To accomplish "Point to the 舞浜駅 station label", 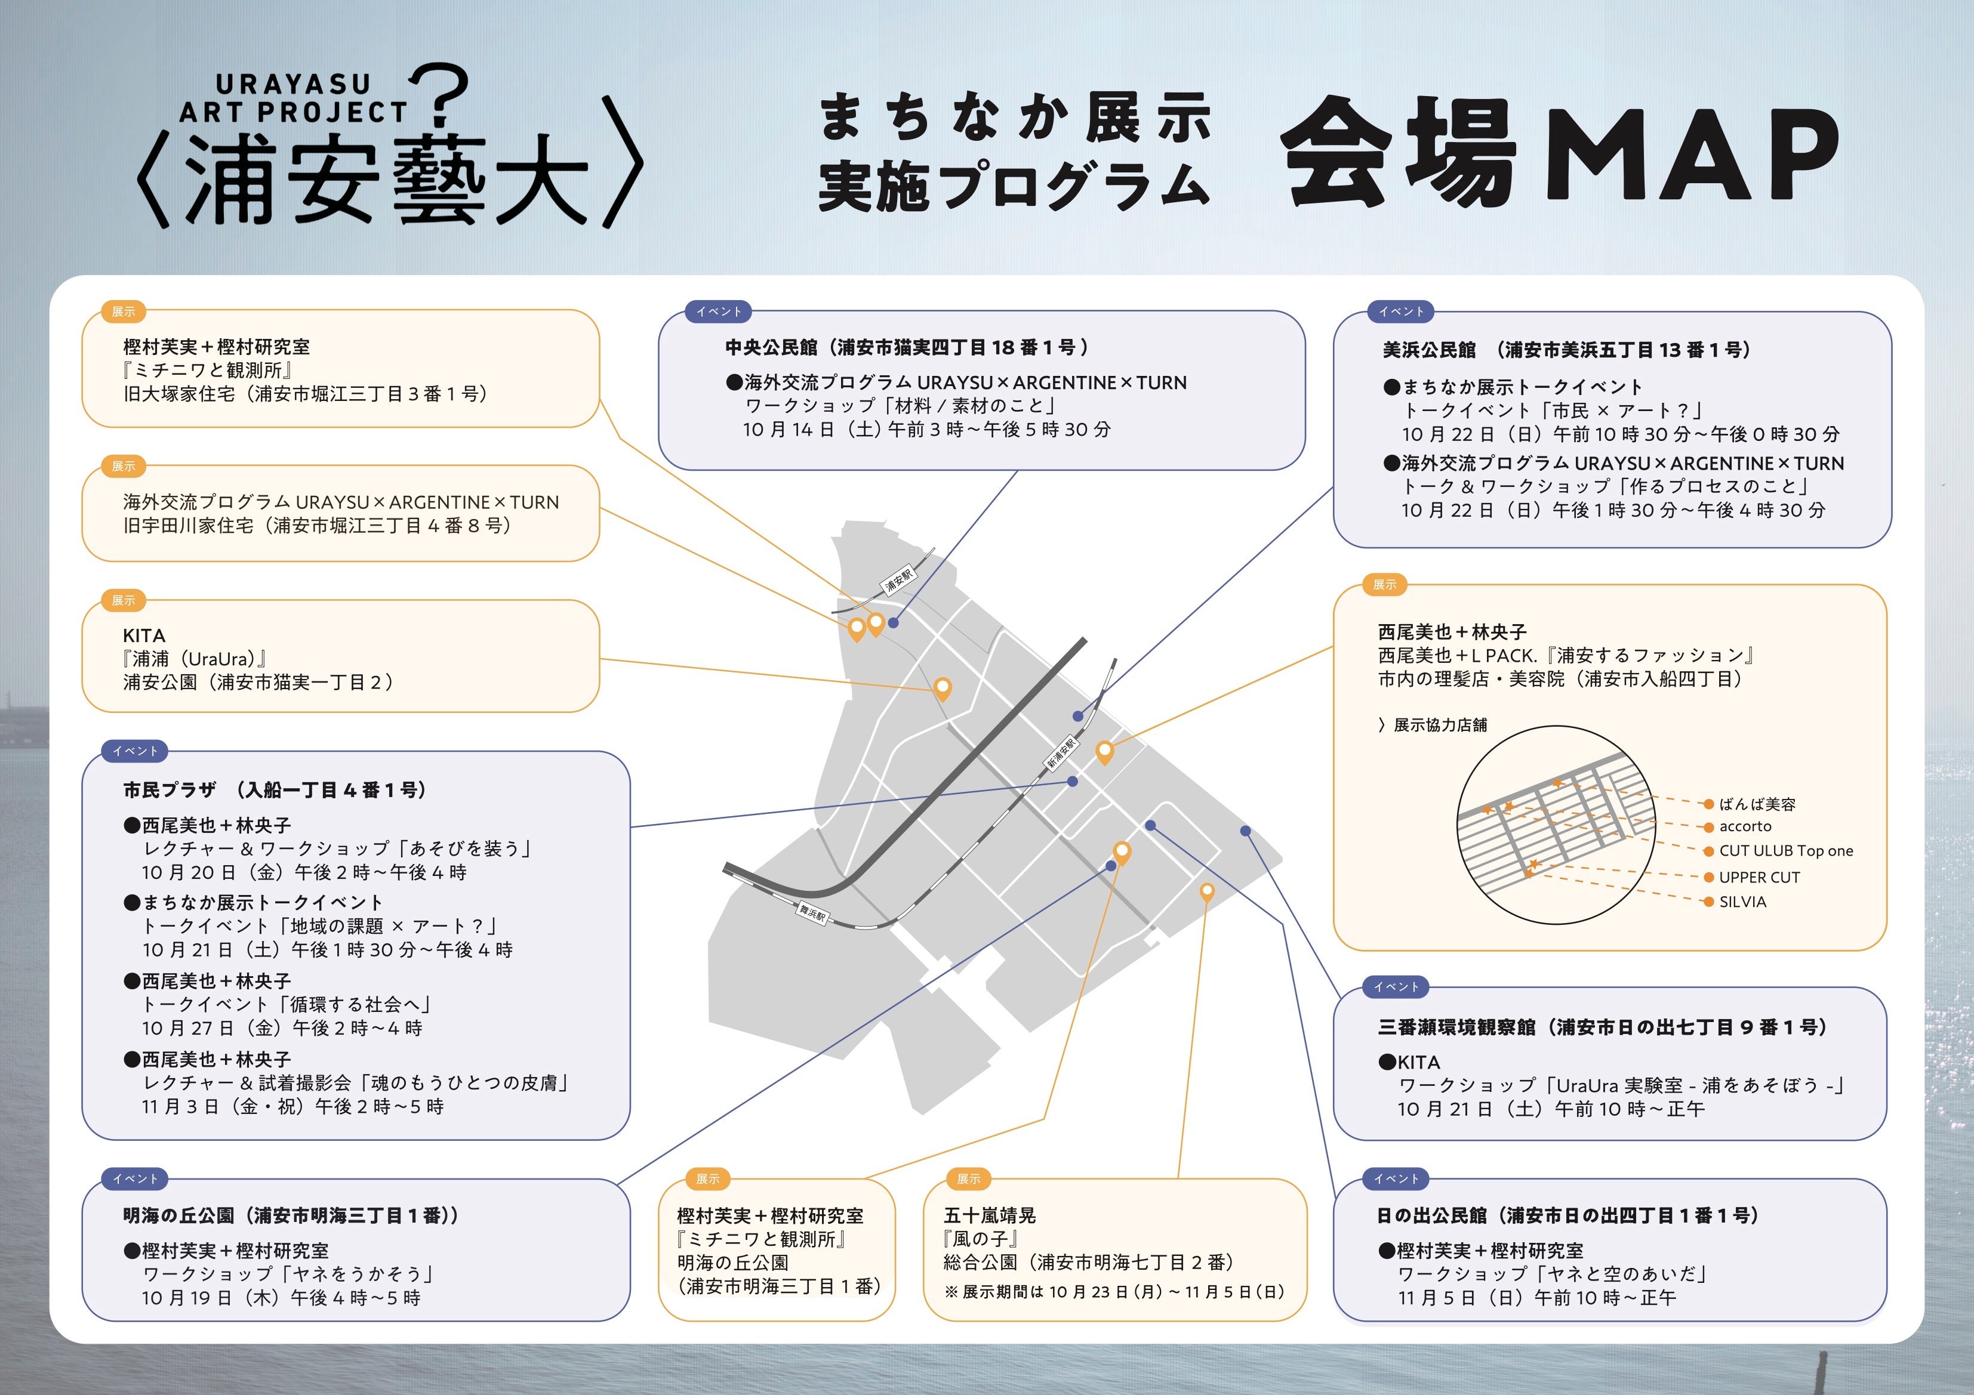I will pos(812,913).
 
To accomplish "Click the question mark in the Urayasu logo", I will pos(440,94).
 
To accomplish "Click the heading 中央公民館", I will pos(771,347).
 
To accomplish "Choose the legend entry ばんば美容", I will pos(1757,804).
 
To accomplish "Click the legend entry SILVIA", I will pos(1742,902).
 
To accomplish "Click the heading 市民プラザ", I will pos(170,790).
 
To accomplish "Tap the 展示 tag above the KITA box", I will pos(124,600).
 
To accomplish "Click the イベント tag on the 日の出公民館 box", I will pos(1396,1178).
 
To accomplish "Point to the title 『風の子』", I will pos(981,1239).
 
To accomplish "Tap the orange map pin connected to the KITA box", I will pos(943,687).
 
